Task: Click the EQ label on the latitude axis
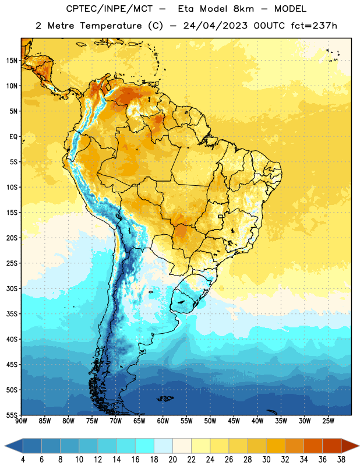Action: tap(13, 137)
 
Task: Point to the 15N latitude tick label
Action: tap(12, 61)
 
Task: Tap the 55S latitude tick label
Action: tap(12, 415)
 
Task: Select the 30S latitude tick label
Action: tap(12, 288)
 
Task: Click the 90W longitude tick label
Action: tap(21, 421)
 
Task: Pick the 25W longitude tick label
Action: tap(328, 421)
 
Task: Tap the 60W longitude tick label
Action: tap(163, 421)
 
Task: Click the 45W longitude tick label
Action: tap(234, 421)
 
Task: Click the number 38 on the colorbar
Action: tap(341, 460)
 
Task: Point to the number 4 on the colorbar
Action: tap(23, 460)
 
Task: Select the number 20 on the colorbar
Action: tap(172, 460)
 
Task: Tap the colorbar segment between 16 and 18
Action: tap(145, 446)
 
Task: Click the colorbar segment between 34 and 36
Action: tap(313, 446)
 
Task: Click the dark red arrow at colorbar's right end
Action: tap(350, 446)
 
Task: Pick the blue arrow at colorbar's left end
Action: tap(14, 446)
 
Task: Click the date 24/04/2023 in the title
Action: tap(215, 26)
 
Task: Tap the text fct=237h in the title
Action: tap(314, 26)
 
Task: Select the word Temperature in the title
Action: tap(111, 26)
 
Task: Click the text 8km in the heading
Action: tap(243, 9)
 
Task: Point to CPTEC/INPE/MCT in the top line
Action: tap(110, 9)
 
